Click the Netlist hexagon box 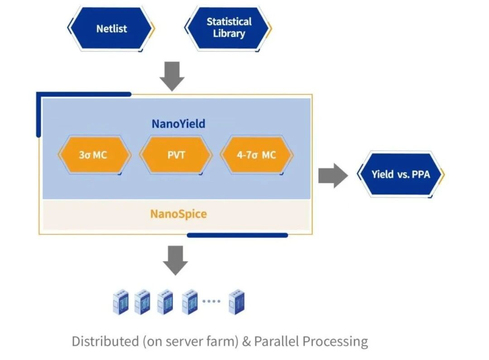pyautogui.click(x=111, y=29)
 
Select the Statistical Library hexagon pyautogui.click(x=229, y=28)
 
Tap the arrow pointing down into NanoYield pyautogui.click(x=172, y=76)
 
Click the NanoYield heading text pyautogui.click(x=178, y=124)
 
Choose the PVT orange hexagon pyautogui.click(x=176, y=155)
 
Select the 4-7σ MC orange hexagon pyautogui.click(x=256, y=155)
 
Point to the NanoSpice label pyautogui.click(x=178, y=213)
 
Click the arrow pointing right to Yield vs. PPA pyautogui.click(x=333, y=175)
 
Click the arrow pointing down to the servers pyautogui.click(x=175, y=260)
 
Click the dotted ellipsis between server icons pyautogui.click(x=211, y=301)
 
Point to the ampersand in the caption pyautogui.click(x=246, y=341)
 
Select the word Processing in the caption pyautogui.click(x=336, y=341)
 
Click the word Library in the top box pyautogui.click(x=229, y=34)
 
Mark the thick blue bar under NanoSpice pyautogui.click(x=237, y=235)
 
